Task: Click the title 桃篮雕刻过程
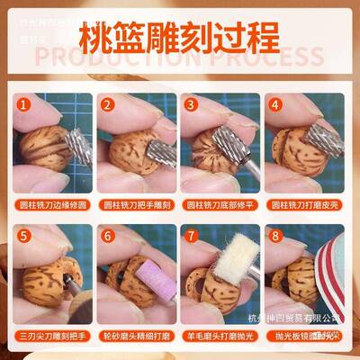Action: [x=180, y=41]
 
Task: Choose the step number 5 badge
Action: [x=22, y=239]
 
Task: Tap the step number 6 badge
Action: [x=106, y=239]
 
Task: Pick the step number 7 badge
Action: [x=190, y=239]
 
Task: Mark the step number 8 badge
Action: [x=274, y=239]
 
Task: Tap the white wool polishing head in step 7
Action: [x=238, y=256]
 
